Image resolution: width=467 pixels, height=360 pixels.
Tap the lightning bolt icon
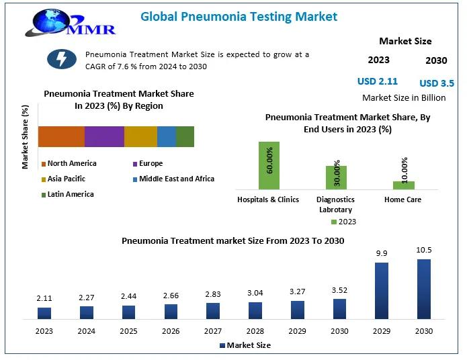coord(61,59)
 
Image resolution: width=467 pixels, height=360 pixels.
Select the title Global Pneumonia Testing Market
coord(239,16)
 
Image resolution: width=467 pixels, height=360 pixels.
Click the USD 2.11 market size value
coord(377,81)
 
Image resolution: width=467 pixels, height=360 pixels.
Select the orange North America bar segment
coord(61,136)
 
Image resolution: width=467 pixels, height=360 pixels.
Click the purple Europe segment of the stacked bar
coord(104,136)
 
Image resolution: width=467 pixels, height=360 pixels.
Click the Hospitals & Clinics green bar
coord(269,165)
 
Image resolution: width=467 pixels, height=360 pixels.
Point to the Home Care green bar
coord(404,185)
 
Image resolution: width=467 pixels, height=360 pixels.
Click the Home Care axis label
coord(402,199)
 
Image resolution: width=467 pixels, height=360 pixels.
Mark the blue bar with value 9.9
coord(382,290)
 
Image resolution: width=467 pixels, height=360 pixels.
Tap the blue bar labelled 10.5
coord(423,288)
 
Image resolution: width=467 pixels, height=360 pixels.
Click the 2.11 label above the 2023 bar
coord(44,298)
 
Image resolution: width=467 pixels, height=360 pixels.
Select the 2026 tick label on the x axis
coord(171,330)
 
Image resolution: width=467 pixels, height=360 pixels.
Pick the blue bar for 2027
coord(213,310)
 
